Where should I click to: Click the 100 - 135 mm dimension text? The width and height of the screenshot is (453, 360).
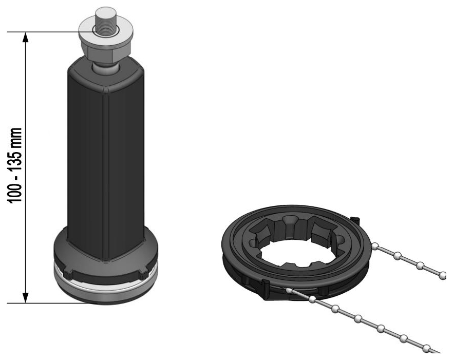coord(15,165)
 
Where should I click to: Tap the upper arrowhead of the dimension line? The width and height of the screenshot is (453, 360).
coord(26,37)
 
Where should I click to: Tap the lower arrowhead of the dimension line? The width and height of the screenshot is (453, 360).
coord(26,297)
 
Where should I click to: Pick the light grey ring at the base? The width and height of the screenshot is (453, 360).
coord(106,285)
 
